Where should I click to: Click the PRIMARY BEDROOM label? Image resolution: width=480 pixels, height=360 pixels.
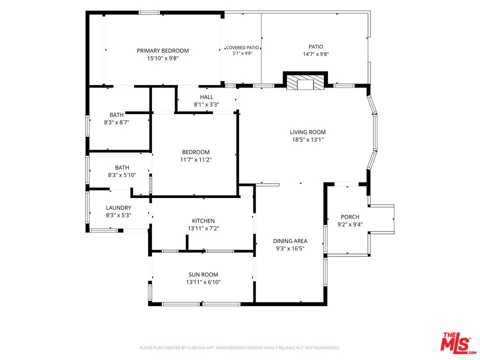162,51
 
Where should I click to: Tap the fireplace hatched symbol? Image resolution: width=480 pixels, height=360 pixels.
305,82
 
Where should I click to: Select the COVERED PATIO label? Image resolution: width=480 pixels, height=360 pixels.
242,48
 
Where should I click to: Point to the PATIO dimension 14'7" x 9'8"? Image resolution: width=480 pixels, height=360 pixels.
315,54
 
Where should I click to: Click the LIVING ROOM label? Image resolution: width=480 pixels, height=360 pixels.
307,132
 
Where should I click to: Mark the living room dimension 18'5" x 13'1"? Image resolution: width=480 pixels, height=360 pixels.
307,140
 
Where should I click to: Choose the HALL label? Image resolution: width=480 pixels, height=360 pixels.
206,97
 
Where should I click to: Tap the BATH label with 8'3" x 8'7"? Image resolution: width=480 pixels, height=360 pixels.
116,115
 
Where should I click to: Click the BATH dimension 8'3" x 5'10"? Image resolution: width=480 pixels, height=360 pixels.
122,175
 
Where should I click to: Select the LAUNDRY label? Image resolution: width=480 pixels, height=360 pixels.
118,208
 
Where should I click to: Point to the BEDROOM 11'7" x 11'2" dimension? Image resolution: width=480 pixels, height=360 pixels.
196,160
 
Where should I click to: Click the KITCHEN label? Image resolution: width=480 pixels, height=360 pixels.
203,221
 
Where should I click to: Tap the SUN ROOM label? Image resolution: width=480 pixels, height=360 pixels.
203,275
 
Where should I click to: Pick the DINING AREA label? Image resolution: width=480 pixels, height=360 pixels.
290,241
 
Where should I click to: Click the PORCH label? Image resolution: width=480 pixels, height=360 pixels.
350,217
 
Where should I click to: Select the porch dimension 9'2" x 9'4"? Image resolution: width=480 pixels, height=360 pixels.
350,224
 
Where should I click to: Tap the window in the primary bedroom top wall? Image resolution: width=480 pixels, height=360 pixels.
149,13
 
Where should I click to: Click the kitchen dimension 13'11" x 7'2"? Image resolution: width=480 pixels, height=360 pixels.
203,228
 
